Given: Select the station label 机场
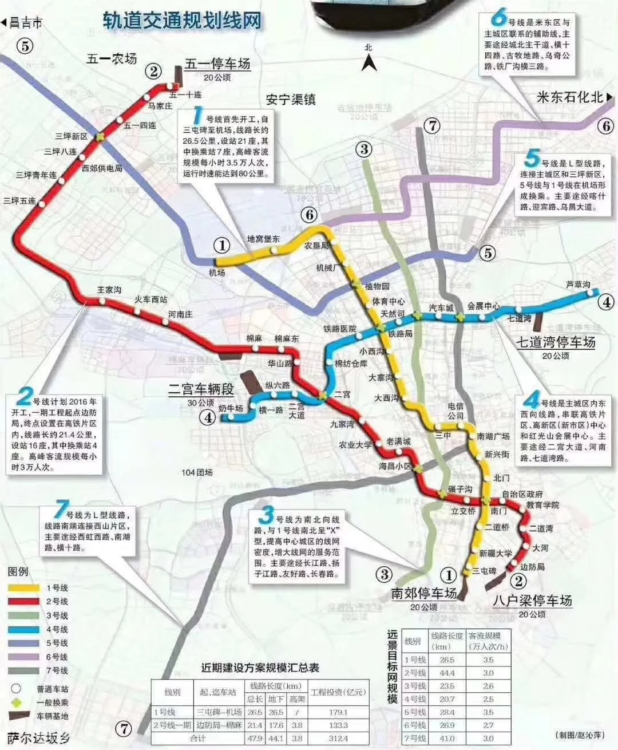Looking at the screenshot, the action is coord(217,273).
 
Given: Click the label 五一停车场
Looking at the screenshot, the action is coord(217,64).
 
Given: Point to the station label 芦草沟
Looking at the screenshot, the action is coord(577,285).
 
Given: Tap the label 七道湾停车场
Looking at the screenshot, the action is coord(556,342).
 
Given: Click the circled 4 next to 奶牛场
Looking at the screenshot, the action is coord(207,417).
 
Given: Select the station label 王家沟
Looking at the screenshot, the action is coord(109,290).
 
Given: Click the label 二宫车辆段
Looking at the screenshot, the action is coord(201,390).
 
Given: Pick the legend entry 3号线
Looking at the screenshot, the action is coord(57,615).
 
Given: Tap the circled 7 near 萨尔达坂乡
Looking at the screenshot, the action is coord(124,728).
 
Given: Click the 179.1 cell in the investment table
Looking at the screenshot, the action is coord(338,712).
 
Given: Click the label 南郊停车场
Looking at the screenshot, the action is coord(423,593).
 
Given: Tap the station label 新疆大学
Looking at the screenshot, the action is coord(495,554).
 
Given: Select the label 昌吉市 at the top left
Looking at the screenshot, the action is coord(25,23).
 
